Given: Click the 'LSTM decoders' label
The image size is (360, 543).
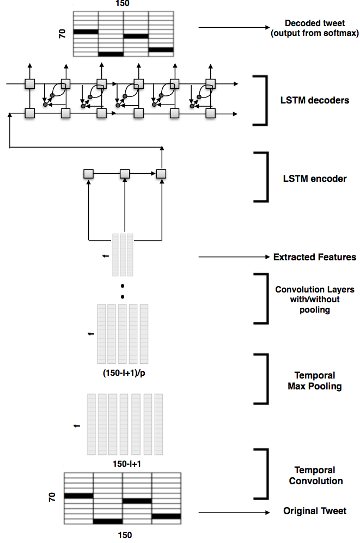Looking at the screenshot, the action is point(315,100).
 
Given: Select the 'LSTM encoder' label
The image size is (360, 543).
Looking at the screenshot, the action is point(315,179).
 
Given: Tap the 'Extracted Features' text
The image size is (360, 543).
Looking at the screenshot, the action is point(315,257).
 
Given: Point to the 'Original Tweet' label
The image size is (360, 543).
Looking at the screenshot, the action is point(315,511).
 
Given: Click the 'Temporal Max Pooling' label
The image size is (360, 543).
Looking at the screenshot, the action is point(315,381).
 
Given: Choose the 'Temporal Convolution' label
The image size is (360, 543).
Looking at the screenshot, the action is point(316,475).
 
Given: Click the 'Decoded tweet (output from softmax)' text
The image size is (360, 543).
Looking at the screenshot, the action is point(315,28).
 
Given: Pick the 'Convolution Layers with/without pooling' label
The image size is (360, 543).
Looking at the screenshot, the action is point(315,300).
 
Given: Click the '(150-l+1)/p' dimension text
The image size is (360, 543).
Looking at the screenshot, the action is point(124,373).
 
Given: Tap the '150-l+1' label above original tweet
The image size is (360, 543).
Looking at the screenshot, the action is point(127,463).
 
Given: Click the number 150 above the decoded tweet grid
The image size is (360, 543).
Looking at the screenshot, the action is point(123,3).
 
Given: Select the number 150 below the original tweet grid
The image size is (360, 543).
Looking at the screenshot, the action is point(125,535).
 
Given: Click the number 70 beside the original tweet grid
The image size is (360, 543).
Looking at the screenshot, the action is point(52,497).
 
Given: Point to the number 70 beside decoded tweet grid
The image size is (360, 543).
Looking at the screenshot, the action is point(62,34).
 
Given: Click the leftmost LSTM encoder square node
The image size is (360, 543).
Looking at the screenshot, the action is point(89,174).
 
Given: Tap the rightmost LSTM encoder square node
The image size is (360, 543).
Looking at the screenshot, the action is point(161,174).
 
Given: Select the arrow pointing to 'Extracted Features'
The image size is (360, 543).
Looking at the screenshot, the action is point(234,257).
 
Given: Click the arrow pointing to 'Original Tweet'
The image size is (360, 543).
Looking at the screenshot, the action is point(234,513).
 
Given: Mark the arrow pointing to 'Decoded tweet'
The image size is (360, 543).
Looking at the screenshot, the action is point(234,27).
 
